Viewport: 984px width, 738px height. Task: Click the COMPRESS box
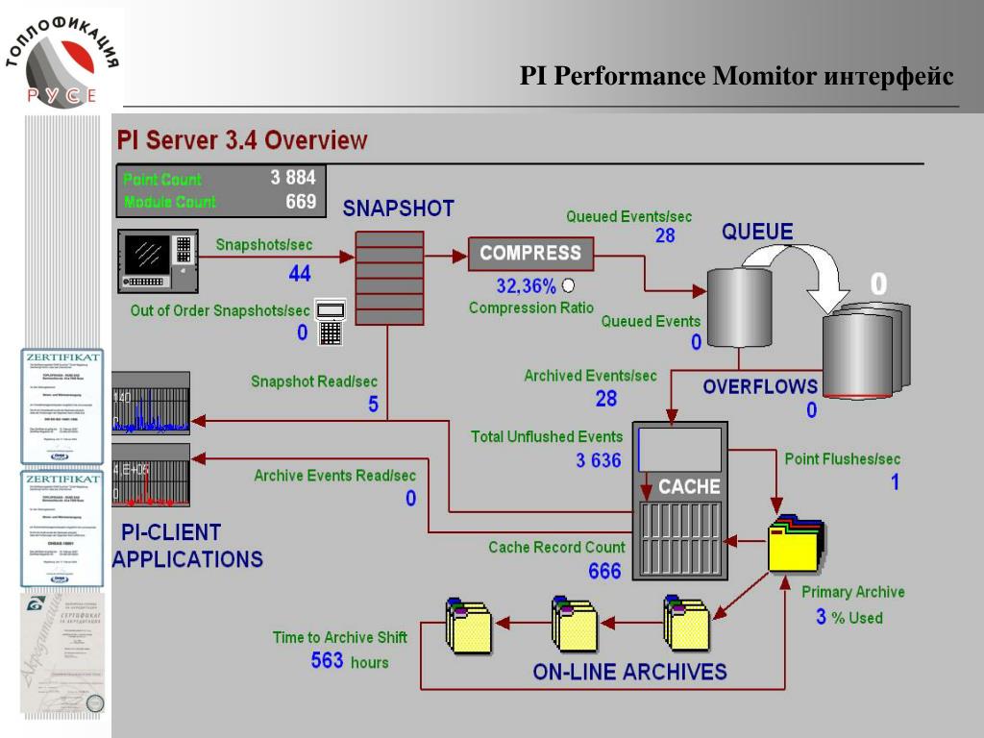[530, 254]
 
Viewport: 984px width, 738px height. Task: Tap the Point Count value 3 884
[293, 178]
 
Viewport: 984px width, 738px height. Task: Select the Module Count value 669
[300, 202]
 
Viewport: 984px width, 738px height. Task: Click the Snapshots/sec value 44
[300, 274]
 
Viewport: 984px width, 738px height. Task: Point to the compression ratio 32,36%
[526, 285]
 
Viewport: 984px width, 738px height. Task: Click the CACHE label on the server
[689, 486]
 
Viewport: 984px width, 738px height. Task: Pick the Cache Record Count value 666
[604, 571]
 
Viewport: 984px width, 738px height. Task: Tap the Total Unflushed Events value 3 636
[599, 460]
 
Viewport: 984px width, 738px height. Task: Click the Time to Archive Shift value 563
[328, 660]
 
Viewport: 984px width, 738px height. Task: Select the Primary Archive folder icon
[796, 545]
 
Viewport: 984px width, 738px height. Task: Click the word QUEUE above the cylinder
[758, 232]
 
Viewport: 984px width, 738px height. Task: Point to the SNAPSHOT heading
[399, 209]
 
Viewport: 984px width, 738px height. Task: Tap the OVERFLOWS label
[760, 386]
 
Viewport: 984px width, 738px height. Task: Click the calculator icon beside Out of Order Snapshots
[330, 323]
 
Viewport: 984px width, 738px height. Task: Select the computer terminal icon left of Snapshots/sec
[158, 261]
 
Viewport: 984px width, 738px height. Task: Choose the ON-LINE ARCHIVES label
[629, 671]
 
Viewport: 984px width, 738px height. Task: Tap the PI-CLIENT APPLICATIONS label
[187, 545]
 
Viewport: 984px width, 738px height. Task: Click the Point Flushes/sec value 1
[895, 482]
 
